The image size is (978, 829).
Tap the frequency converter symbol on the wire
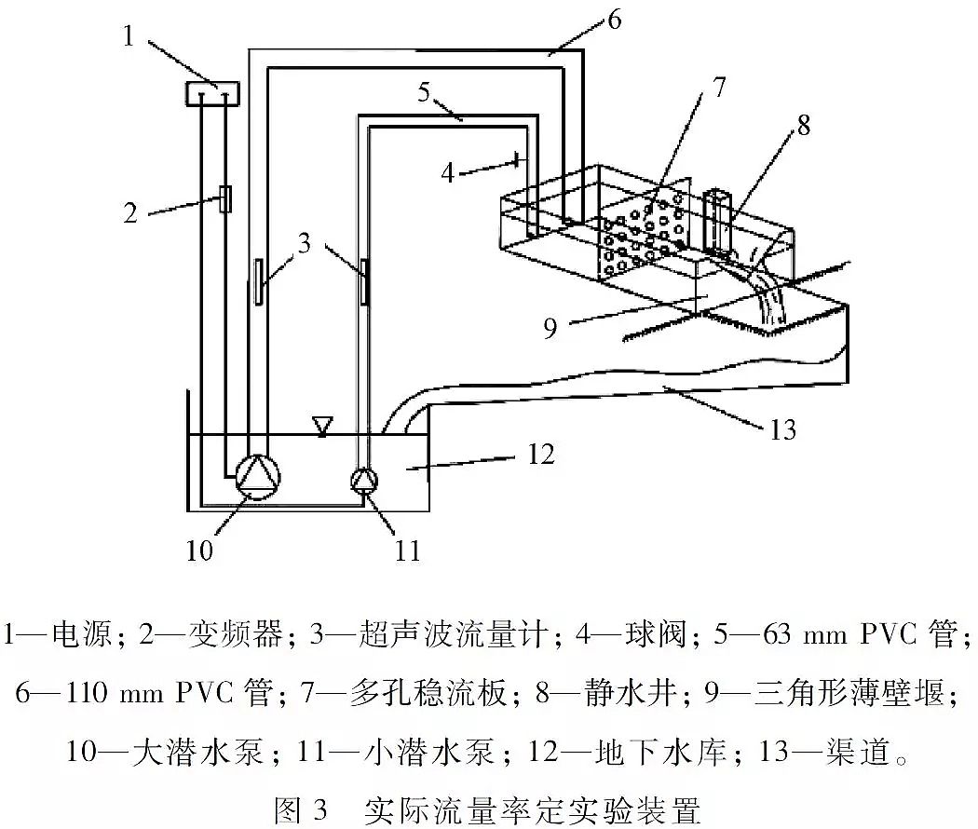[224, 199]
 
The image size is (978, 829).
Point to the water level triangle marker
[322, 426]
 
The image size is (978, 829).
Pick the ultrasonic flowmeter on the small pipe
[363, 279]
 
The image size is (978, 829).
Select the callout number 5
[425, 92]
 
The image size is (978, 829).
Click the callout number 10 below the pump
[198, 550]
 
